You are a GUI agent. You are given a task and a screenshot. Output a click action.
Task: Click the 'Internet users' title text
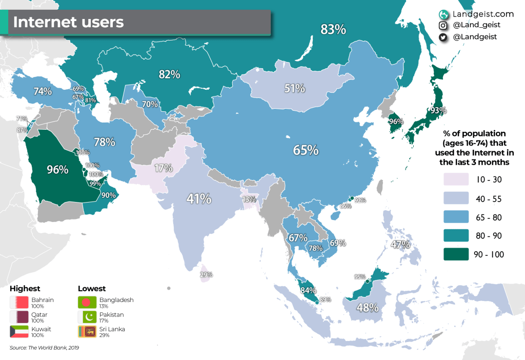(x=68, y=22)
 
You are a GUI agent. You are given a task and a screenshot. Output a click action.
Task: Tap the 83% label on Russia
(x=333, y=30)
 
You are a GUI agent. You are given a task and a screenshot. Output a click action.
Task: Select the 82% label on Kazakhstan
(x=169, y=74)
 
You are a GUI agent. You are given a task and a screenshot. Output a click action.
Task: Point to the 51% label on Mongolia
(x=295, y=88)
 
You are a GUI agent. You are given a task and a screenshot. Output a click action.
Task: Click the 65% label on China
(x=306, y=150)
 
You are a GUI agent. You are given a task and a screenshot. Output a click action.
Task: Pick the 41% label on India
(x=199, y=198)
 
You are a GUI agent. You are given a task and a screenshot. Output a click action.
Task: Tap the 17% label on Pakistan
(x=163, y=168)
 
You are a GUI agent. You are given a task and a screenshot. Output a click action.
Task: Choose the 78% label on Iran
(x=104, y=142)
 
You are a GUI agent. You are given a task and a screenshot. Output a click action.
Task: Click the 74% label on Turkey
(x=42, y=91)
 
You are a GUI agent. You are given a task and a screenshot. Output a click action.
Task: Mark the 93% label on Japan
(x=438, y=110)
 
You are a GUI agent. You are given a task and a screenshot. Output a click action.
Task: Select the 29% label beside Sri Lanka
(x=207, y=275)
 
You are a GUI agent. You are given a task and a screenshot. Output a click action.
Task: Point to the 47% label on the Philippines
(x=400, y=244)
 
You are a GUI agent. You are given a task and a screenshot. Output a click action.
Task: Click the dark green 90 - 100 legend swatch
(x=457, y=254)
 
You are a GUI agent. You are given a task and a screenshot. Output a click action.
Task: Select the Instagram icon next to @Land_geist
(x=442, y=25)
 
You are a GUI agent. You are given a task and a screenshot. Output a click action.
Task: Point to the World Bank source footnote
(x=44, y=348)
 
